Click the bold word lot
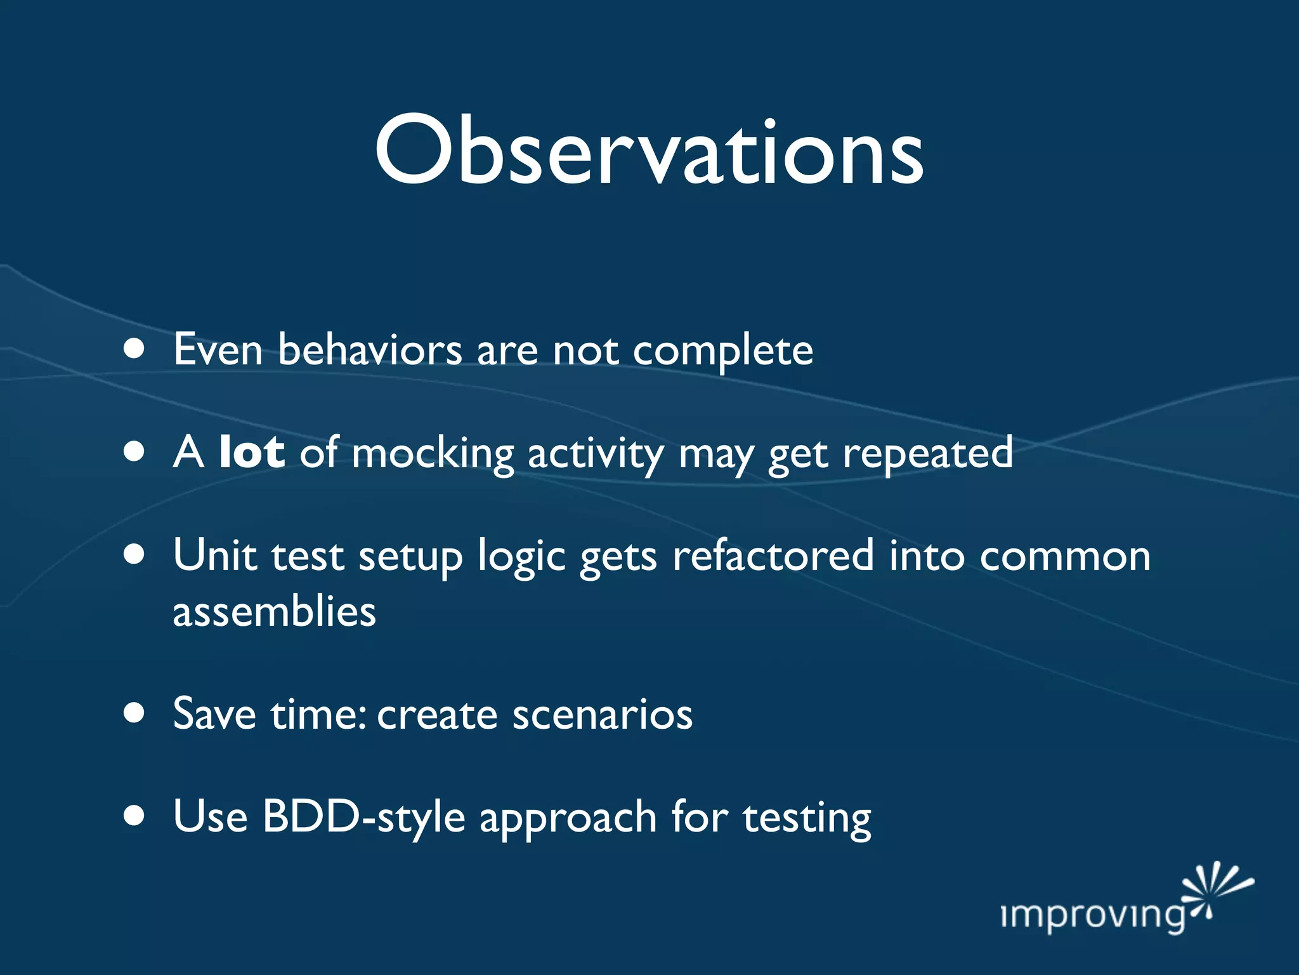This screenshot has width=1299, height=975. point(251,453)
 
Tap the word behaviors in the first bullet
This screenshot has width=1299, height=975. point(370,350)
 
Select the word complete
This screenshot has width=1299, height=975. point(723,351)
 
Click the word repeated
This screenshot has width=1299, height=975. point(927,454)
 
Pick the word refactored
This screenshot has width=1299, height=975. point(773,555)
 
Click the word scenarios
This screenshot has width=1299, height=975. point(603,715)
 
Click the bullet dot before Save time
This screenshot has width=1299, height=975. point(134,712)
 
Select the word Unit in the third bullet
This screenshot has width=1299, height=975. point(214,555)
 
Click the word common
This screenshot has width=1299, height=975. point(1065,557)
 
